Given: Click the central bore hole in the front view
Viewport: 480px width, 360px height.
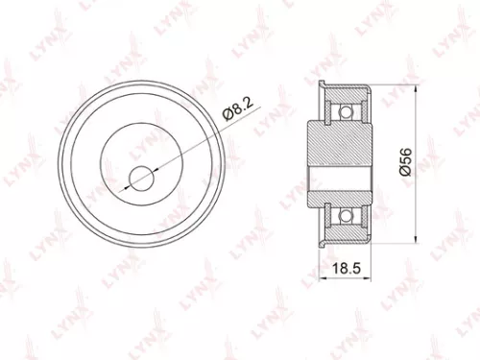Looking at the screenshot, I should [x=142, y=177].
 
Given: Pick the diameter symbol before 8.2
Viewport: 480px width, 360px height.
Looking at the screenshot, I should [x=228, y=119].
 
